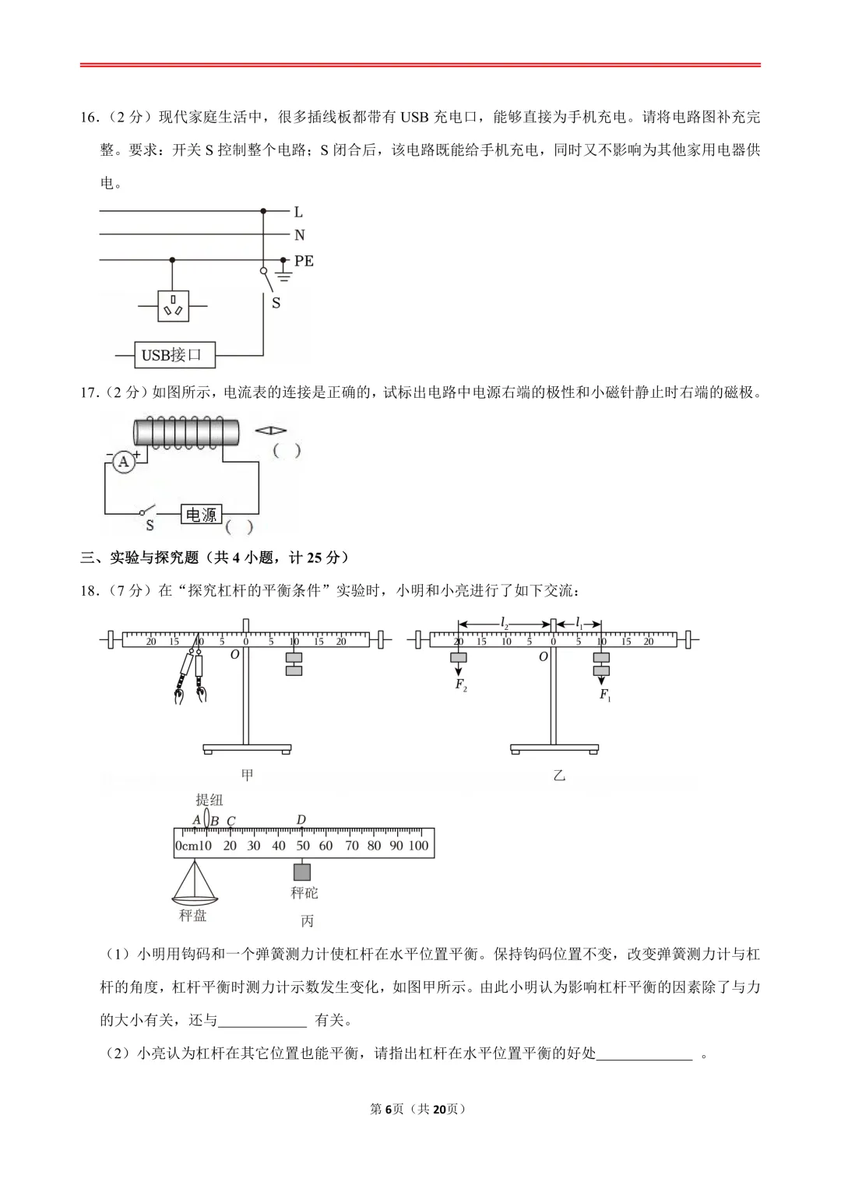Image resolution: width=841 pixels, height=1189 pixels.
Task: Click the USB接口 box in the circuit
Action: (173, 355)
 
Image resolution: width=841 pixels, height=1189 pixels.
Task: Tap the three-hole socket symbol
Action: (172, 307)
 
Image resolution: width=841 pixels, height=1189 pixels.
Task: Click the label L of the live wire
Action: (298, 212)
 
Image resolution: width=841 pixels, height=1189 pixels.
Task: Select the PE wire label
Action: (304, 261)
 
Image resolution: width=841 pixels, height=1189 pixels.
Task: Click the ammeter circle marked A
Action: (123, 463)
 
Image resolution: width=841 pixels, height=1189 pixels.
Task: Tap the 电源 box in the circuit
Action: (201, 515)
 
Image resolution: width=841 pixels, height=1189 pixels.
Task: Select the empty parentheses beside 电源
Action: (240, 527)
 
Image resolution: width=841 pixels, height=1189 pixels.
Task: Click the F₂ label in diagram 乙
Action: (460, 685)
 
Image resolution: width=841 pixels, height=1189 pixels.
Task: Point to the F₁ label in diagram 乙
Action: (605, 695)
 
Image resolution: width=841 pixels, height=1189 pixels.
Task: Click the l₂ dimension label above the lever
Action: (505, 623)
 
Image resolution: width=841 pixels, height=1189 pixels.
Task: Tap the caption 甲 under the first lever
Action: (247, 776)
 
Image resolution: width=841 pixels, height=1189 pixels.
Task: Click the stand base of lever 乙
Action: (554, 749)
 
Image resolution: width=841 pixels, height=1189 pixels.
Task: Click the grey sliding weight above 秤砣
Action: (301, 872)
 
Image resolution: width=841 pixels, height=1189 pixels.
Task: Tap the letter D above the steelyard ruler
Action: (301, 820)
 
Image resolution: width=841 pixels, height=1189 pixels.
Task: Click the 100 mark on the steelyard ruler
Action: (418, 846)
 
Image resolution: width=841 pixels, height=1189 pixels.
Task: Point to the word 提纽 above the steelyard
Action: (209, 800)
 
